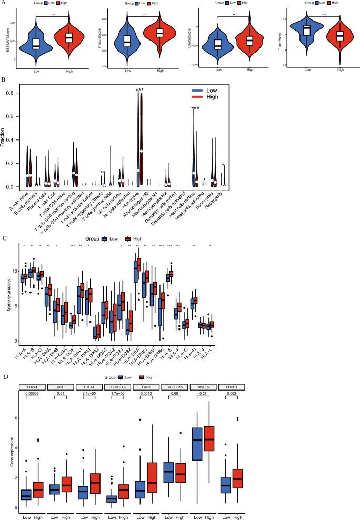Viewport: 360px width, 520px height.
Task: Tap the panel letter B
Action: point(3,81)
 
